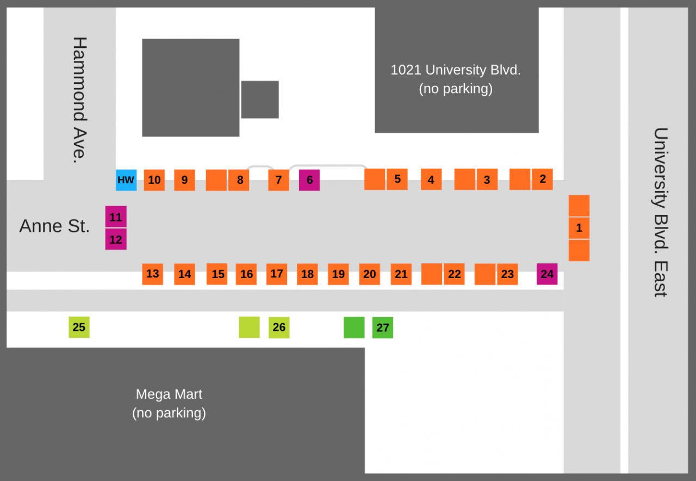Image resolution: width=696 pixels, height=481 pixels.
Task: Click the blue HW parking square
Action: (x=126, y=180)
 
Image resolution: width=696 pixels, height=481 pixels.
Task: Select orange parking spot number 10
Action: (x=154, y=180)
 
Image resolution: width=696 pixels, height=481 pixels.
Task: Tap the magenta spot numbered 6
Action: (x=309, y=180)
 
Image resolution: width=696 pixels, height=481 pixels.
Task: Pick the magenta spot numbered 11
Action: (x=116, y=217)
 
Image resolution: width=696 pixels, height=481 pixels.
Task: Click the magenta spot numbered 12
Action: (x=116, y=239)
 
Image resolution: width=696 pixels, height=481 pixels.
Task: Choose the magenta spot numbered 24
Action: (x=547, y=274)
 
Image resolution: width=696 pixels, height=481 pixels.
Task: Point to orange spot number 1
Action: (x=579, y=228)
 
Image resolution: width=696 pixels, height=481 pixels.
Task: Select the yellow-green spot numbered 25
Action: (x=79, y=327)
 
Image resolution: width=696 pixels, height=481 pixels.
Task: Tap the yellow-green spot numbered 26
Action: (x=279, y=327)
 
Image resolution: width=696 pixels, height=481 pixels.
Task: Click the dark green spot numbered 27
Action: (x=383, y=328)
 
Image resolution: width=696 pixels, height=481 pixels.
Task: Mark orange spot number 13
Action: (x=153, y=274)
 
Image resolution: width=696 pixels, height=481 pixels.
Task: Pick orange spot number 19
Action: (x=338, y=274)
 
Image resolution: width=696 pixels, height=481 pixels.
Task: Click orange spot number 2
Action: (x=542, y=179)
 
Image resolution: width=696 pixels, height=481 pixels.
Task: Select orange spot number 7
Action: (x=278, y=180)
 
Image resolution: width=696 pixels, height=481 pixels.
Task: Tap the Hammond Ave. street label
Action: (x=79, y=100)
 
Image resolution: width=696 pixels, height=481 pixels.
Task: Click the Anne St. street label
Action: (x=54, y=226)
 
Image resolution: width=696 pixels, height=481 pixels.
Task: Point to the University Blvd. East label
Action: (x=660, y=212)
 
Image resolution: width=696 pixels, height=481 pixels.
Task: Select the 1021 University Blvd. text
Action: (x=456, y=70)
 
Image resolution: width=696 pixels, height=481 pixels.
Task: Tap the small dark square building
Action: (x=260, y=100)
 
